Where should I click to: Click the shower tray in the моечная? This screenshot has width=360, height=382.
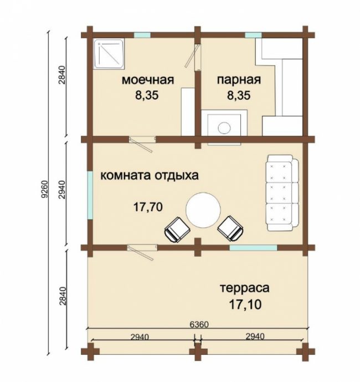click(x=109, y=54)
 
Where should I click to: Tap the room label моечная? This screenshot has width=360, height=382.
click(x=148, y=80)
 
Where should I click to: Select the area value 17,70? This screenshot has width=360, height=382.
click(x=148, y=207)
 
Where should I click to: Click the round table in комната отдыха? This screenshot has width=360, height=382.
click(x=203, y=210)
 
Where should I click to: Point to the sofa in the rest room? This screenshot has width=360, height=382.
click(x=282, y=193)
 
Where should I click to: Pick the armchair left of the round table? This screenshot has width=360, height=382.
click(x=177, y=230)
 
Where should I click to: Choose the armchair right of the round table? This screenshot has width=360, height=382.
click(x=230, y=228)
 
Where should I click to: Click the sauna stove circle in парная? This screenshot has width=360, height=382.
click(x=224, y=128)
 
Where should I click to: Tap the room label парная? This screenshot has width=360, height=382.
click(x=239, y=80)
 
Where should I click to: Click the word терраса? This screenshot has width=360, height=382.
click(x=245, y=288)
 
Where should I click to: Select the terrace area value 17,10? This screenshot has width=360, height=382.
click(x=245, y=304)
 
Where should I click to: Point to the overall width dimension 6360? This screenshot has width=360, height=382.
click(x=199, y=324)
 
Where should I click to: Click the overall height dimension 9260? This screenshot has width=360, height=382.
click(x=45, y=189)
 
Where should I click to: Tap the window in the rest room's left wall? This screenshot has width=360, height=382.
click(x=90, y=195)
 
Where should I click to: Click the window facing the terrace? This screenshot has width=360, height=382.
click(x=253, y=248)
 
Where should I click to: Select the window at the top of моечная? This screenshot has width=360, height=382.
click(x=142, y=35)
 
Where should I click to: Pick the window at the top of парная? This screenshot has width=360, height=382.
click(x=254, y=35)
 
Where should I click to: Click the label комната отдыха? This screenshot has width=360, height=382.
click(x=150, y=175)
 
